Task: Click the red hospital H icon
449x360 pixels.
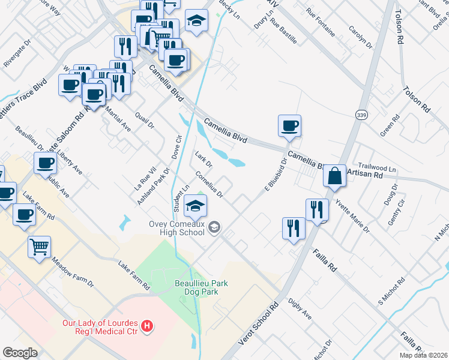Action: pos(147,328)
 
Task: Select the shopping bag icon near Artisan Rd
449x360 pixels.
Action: pos(335,176)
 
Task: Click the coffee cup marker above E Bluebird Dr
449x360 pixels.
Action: pos(289,126)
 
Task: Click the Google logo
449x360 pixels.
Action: pos(20,352)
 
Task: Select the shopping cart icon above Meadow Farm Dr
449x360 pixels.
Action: pos(40,247)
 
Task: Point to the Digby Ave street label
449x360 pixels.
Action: pos(300,308)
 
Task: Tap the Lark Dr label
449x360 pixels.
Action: pos(204,160)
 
